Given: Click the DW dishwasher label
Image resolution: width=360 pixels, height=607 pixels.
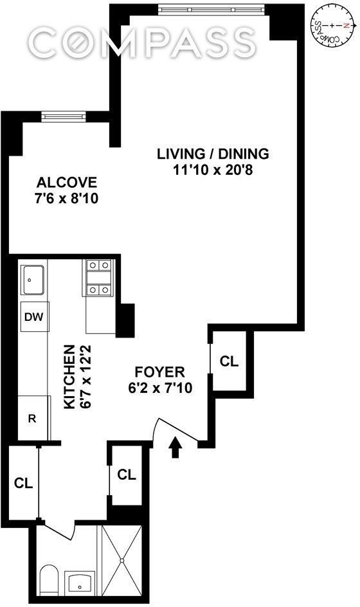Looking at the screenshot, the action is click(x=34, y=317).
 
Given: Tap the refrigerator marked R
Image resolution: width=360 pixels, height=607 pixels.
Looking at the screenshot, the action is click(x=34, y=418).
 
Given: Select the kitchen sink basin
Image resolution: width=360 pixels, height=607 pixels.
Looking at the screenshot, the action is click(x=32, y=280).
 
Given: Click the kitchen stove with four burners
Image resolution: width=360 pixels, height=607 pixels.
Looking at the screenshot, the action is click(x=99, y=278).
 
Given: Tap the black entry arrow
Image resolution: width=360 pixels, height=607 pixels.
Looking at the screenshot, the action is click(x=175, y=448).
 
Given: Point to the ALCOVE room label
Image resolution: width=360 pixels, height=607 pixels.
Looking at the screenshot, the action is click(x=67, y=182).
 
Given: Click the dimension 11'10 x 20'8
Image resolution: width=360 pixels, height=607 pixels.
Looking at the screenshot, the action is click(x=213, y=170).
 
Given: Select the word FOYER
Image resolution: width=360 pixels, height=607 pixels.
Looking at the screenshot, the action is click(x=159, y=372).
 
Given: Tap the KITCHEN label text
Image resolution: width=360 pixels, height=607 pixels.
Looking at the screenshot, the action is click(x=69, y=377).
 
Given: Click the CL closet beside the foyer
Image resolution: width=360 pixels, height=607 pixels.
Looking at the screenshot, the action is click(x=229, y=361).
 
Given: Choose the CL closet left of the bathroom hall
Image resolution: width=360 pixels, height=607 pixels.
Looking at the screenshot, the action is click(x=23, y=483).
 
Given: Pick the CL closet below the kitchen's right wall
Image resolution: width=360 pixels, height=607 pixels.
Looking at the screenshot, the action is click(x=127, y=475).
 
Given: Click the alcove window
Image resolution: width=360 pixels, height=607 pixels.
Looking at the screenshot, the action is click(x=63, y=116).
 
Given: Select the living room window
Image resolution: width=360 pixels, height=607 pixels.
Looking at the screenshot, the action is click(x=212, y=9).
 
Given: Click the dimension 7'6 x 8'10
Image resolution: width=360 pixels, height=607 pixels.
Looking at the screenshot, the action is click(x=67, y=199).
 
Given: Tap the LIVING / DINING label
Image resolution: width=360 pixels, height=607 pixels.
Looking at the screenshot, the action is click(x=213, y=154).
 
